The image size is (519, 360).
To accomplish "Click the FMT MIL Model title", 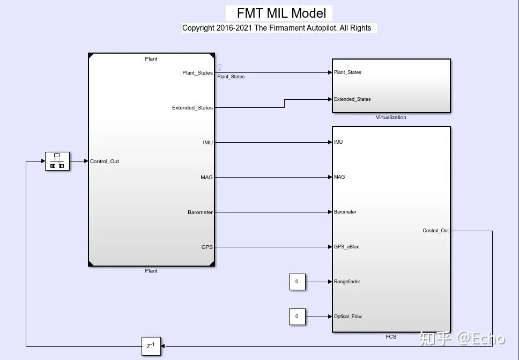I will pos(278,13).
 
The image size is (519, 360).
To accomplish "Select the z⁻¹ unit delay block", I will pos(151,346).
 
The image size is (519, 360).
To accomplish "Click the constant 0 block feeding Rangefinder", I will pos(297,282).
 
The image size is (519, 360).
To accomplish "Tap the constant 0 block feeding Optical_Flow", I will pos(297,317).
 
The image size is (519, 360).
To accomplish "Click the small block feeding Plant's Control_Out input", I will pos(57,161).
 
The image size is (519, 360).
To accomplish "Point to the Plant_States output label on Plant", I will pos(197,73).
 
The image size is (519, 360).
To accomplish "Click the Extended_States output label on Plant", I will pos(192,108).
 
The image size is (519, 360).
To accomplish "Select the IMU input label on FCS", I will pos(338,142).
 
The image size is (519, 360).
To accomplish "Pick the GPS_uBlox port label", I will pos(346,247).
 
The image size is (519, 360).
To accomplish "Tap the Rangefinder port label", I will pos(347,282).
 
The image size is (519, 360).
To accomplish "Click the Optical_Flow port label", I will pos(348,317).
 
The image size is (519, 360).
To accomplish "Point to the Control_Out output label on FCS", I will pos(435,231).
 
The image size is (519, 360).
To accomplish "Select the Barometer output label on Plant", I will pos(200,212).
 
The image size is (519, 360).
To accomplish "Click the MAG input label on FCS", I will pos(339,177).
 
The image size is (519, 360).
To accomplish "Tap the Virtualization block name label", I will pos(391,117).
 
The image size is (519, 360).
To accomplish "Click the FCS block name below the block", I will pos(391,337).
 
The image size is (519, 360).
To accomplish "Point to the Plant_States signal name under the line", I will pos(231,77).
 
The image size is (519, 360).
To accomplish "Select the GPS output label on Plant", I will pos(207,247).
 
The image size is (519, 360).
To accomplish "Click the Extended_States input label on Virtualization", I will pos(352,99).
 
